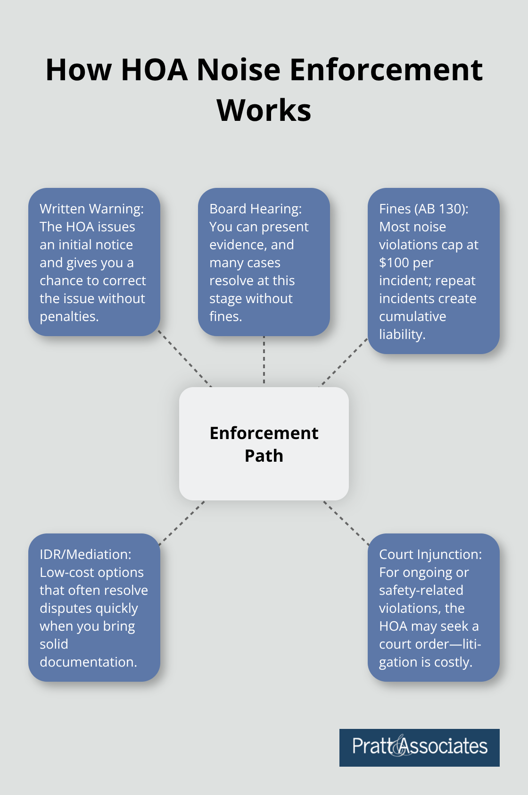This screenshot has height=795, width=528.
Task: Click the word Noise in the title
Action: [238, 70]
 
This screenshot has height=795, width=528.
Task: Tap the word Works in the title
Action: [264, 110]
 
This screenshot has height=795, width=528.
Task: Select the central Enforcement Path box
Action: [264, 444]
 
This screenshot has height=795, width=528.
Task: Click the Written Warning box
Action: [94, 262]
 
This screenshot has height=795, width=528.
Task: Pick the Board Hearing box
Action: [264, 262]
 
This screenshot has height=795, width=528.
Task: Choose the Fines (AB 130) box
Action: [434, 271]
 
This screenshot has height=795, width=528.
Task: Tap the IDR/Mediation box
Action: [94, 608]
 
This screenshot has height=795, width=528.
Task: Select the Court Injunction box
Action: [434, 608]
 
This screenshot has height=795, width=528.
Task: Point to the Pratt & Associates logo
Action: [420, 747]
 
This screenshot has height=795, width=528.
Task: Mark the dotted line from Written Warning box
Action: [185, 359]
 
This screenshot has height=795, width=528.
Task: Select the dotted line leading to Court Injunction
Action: [346, 523]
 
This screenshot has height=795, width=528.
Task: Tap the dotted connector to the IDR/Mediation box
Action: [182, 523]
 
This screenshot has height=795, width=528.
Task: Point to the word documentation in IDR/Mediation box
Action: [88, 662]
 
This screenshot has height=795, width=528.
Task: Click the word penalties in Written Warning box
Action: [69, 317]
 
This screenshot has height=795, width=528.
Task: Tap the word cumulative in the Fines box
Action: [412, 317]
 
